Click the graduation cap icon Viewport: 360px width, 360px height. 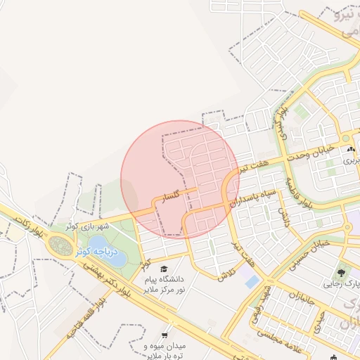[165, 269]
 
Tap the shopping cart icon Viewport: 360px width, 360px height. [165, 335]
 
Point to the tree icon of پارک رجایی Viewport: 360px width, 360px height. [342, 271]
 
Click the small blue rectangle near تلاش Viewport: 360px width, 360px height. [252, 281]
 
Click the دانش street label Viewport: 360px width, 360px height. [284, 214]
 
